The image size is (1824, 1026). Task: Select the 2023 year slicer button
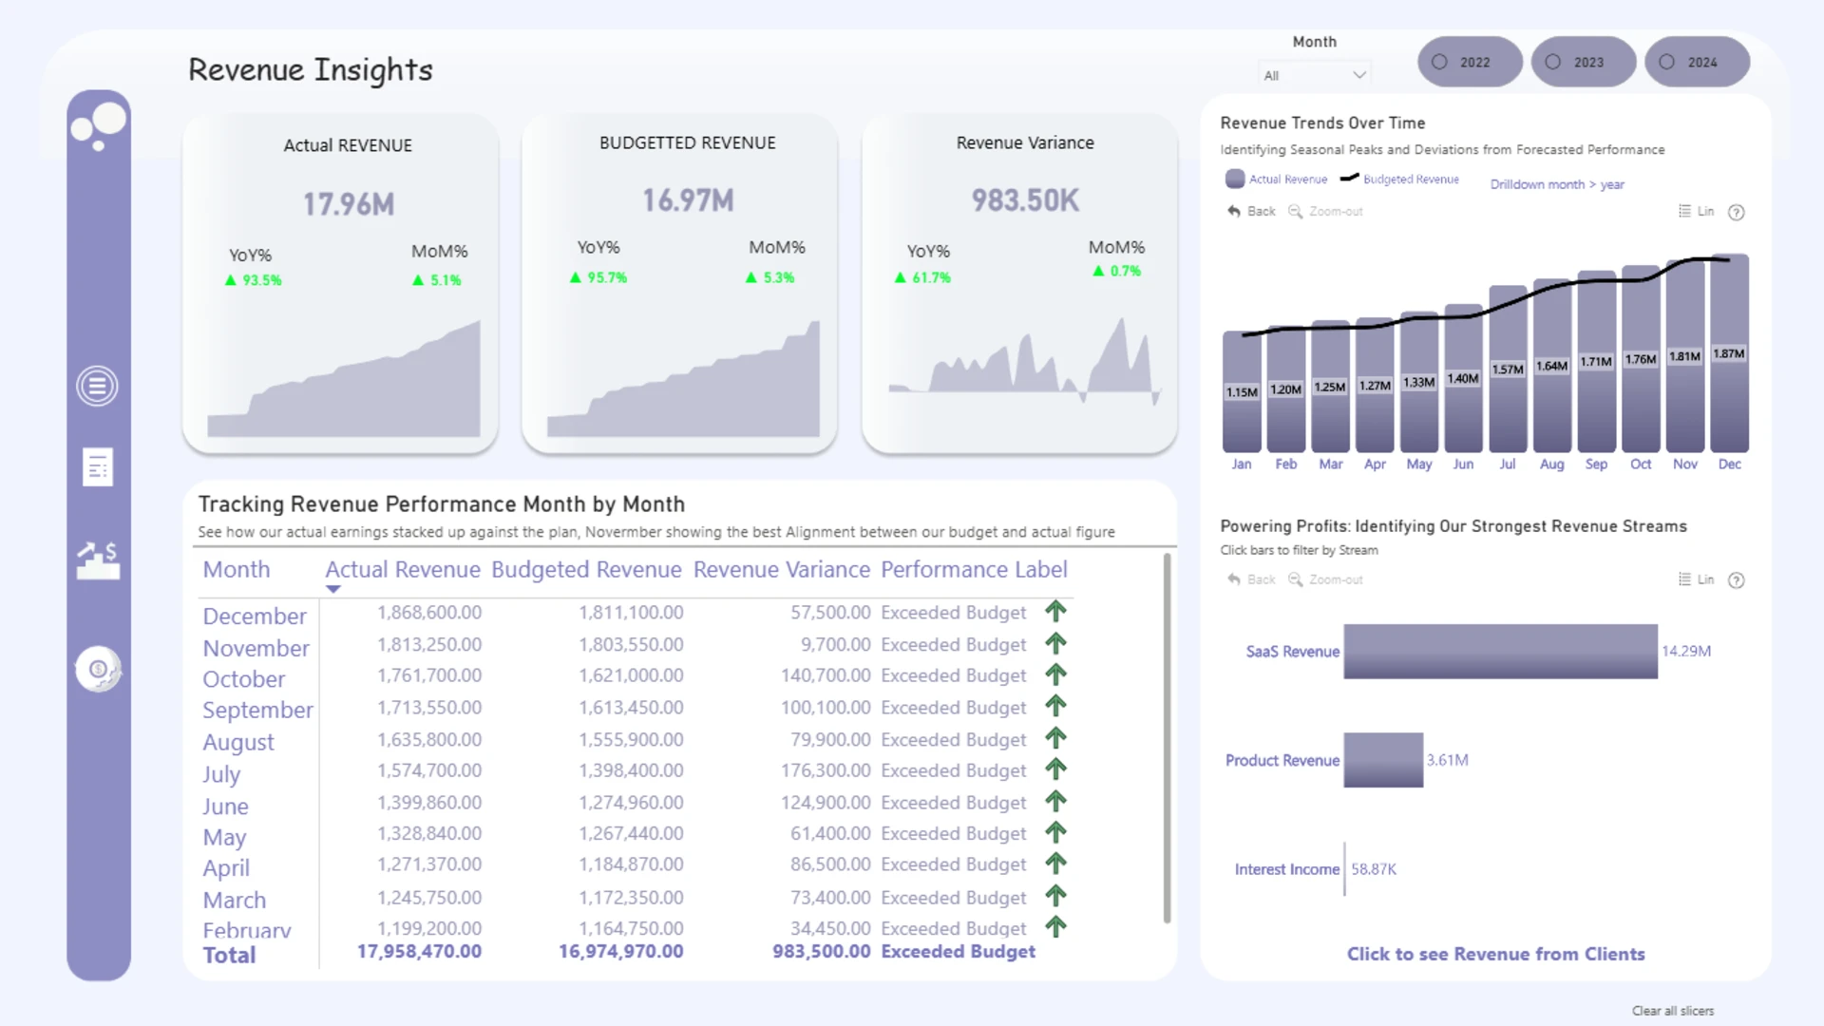(x=1584, y=62)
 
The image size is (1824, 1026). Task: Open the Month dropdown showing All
(x=1315, y=75)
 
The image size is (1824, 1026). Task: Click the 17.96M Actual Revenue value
(x=349, y=203)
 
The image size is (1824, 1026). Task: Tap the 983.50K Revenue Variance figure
(x=1025, y=200)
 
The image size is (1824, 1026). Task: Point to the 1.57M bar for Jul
(x=1508, y=369)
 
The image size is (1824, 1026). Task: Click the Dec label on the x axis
(x=1729, y=464)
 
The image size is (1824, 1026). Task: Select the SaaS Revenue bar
(x=1500, y=651)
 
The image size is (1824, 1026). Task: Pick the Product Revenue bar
(x=1383, y=760)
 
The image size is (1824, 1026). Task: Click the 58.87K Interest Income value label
(x=1374, y=869)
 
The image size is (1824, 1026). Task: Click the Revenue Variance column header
(x=781, y=569)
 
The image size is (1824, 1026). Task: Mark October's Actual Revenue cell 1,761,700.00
(x=429, y=675)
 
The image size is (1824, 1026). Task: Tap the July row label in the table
(x=221, y=774)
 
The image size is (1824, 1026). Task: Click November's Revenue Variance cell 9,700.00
(x=835, y=644)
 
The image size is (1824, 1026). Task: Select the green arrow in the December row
(x=1055, y=611)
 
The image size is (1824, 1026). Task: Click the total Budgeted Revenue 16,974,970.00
(x=620, y=951)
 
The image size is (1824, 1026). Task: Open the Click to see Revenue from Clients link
(x=1495, y=954)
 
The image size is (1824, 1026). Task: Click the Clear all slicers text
(x=1673, y=1011)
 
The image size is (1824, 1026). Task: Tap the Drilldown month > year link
(x=1557, y=184)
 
